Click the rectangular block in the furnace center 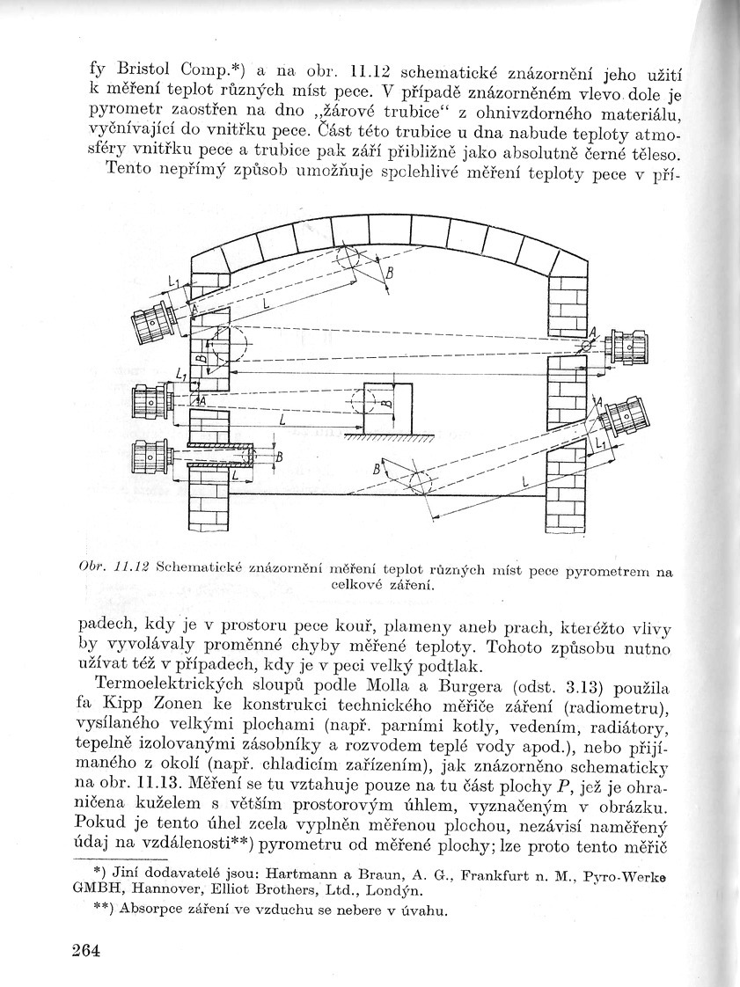click(389, 408)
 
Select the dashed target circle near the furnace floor click(418, 483)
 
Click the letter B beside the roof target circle click(389, 274)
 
